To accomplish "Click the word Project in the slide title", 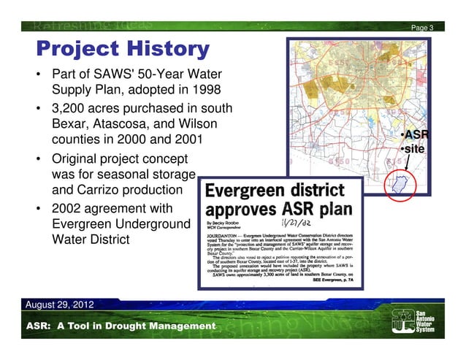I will pos(76,50).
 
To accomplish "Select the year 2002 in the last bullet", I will pos(68,209).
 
